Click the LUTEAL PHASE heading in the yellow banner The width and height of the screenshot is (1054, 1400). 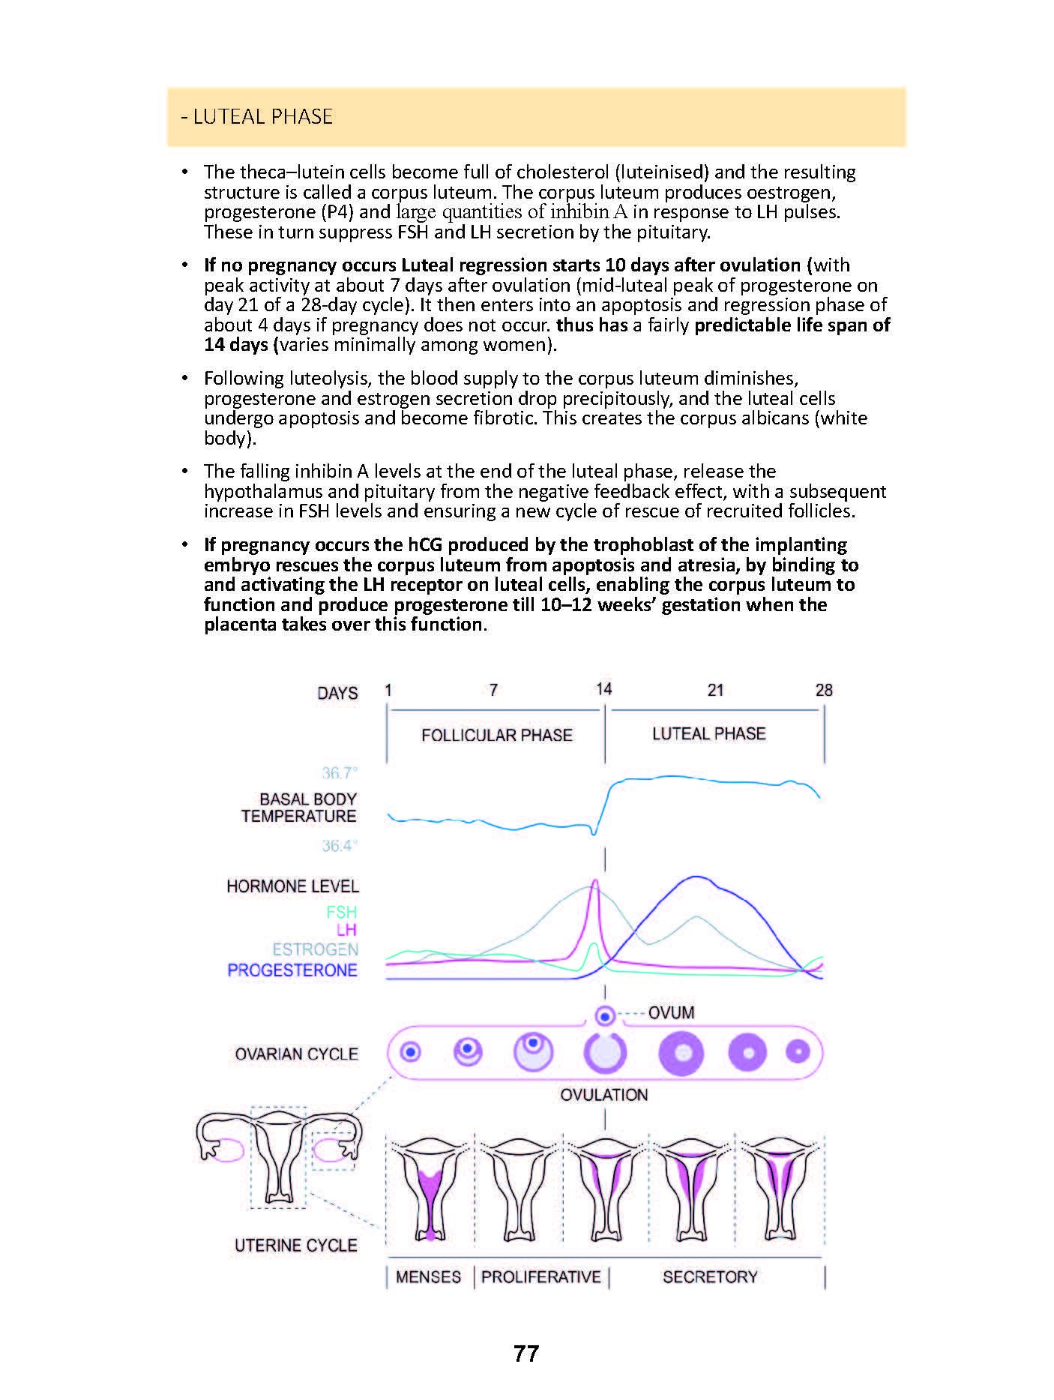tap(256, 117)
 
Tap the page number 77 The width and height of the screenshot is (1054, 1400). tap(526, 1354)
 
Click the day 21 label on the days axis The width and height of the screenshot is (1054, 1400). tap(715, 690)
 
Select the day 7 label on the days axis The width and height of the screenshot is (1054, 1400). tap(493, 690)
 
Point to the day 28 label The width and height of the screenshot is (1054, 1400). tap(824, 690)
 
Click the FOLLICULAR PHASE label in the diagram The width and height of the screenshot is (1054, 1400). tap(496, 735)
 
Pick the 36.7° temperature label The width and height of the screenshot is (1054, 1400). tap(340, 772)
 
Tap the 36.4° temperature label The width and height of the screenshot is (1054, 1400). tap(340, 846)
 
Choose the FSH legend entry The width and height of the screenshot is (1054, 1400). tap(342, 912)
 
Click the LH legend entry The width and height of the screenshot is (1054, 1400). tap(346, 931)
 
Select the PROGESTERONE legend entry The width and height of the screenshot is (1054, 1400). tap(292, 970)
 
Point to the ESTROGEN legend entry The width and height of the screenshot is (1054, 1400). tap(315, 950)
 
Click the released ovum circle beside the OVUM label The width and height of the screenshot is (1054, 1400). tap(605, 1016)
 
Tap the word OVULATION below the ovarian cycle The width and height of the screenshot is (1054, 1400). tap(604, 1095)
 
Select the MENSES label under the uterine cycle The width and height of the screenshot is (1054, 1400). tap(428, 1277)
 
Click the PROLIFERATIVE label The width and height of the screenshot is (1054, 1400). tap(540, 1277)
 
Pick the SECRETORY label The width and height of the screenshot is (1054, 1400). tap(710, 1277)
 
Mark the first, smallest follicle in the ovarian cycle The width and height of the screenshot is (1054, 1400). tap(410, 1052)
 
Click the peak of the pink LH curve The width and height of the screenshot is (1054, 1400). tap(595, 882)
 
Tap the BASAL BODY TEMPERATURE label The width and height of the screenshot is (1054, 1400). tap(299, 808)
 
